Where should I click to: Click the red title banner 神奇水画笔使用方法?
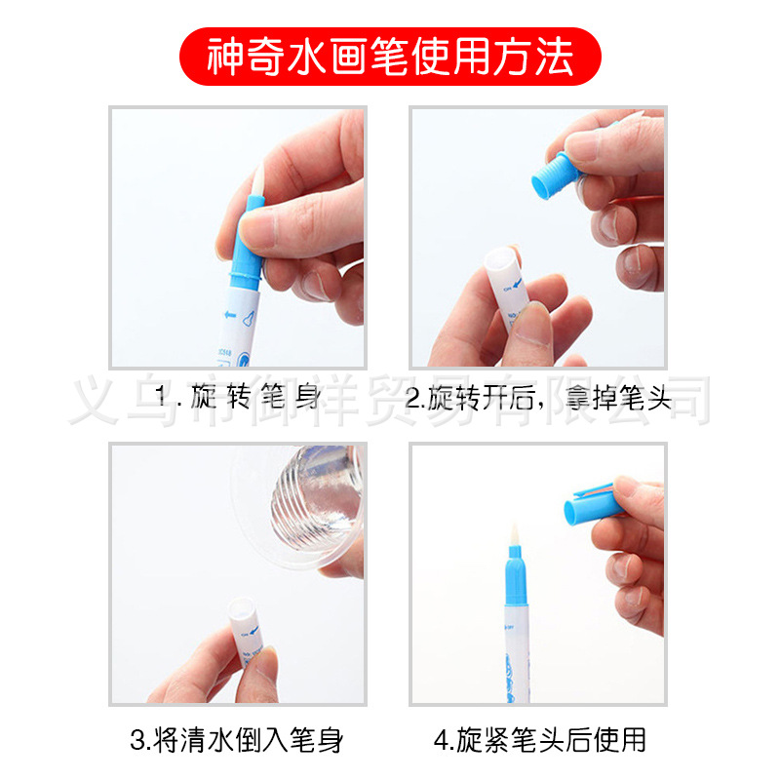[390, 57]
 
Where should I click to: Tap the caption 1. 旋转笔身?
[239, 398]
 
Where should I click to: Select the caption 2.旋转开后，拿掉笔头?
[538, 398]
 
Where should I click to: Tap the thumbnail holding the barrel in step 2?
[532, 323]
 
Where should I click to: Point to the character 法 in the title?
[556, 57]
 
